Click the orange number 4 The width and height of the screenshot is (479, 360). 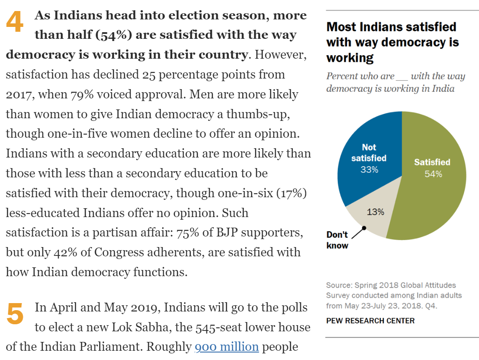pos(15,22)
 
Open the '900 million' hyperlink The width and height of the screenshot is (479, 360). pos(226,347)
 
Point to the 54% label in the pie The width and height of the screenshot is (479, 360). pos(433,174)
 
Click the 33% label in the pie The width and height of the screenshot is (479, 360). pos(369,169)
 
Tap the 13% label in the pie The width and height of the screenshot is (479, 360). pos(375,212)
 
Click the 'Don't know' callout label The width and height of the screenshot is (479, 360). pos(337,240)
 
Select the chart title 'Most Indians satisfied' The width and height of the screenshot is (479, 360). pos(391,27)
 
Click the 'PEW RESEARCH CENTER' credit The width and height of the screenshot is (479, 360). pos(370,321)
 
